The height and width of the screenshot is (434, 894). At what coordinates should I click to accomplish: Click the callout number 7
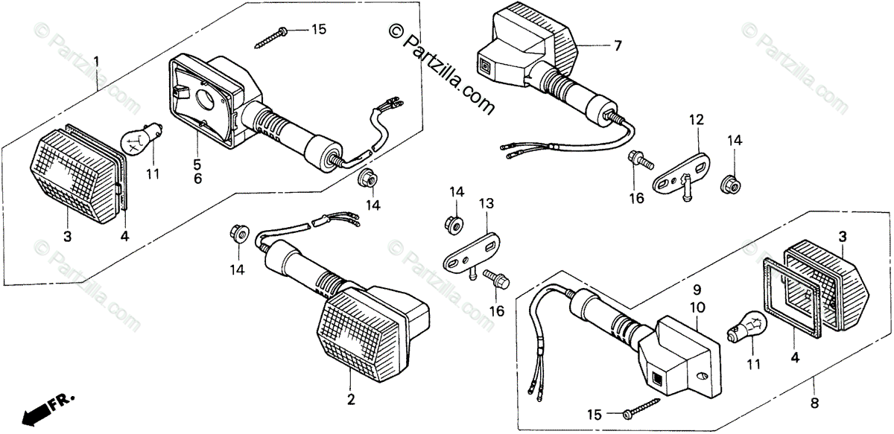click(x=617, y=45)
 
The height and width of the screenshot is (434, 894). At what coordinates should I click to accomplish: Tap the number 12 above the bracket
click(x=695, y=119)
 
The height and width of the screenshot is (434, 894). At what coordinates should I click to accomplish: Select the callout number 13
click(x=486, y=203)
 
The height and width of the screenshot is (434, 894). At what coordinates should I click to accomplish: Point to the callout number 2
click(x=351, y=400)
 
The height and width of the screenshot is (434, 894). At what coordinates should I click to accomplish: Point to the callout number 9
click(x=697, y=290)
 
